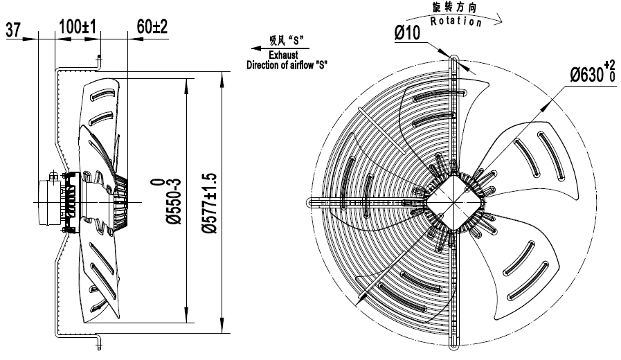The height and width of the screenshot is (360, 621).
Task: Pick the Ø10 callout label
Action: (409, 33)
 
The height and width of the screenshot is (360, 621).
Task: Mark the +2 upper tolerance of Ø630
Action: (610, 66)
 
